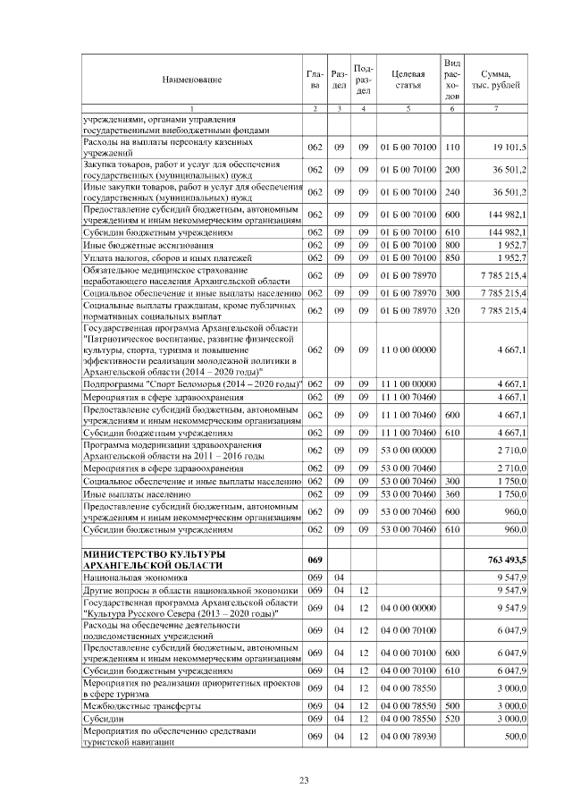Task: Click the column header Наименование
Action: coord(191,80)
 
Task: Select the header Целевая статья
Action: coord(408,80)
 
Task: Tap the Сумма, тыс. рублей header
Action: coord(496,80)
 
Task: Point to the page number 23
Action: coord(303,780)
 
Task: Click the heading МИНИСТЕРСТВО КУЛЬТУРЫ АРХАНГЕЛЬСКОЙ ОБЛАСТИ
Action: coord(147,560)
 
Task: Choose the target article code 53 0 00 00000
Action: coord(408,450)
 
